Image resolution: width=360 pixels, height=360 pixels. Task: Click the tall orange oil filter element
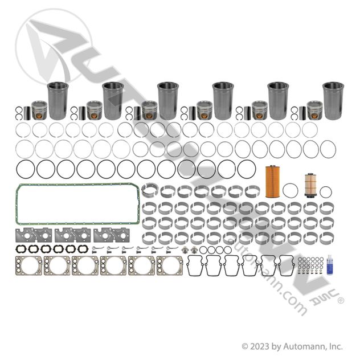(272, 181)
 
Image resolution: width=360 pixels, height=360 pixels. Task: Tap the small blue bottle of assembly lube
(330, 265)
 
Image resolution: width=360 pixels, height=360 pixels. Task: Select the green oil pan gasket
(17, 204)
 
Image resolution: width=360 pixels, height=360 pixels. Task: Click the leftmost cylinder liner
(58, 101)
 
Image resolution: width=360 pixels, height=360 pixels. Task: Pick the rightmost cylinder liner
(333, 101)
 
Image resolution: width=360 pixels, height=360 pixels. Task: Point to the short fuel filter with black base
(310, 185)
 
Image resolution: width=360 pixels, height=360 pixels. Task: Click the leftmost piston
(39, 110)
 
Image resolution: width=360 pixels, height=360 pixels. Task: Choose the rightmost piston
(315, 110)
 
